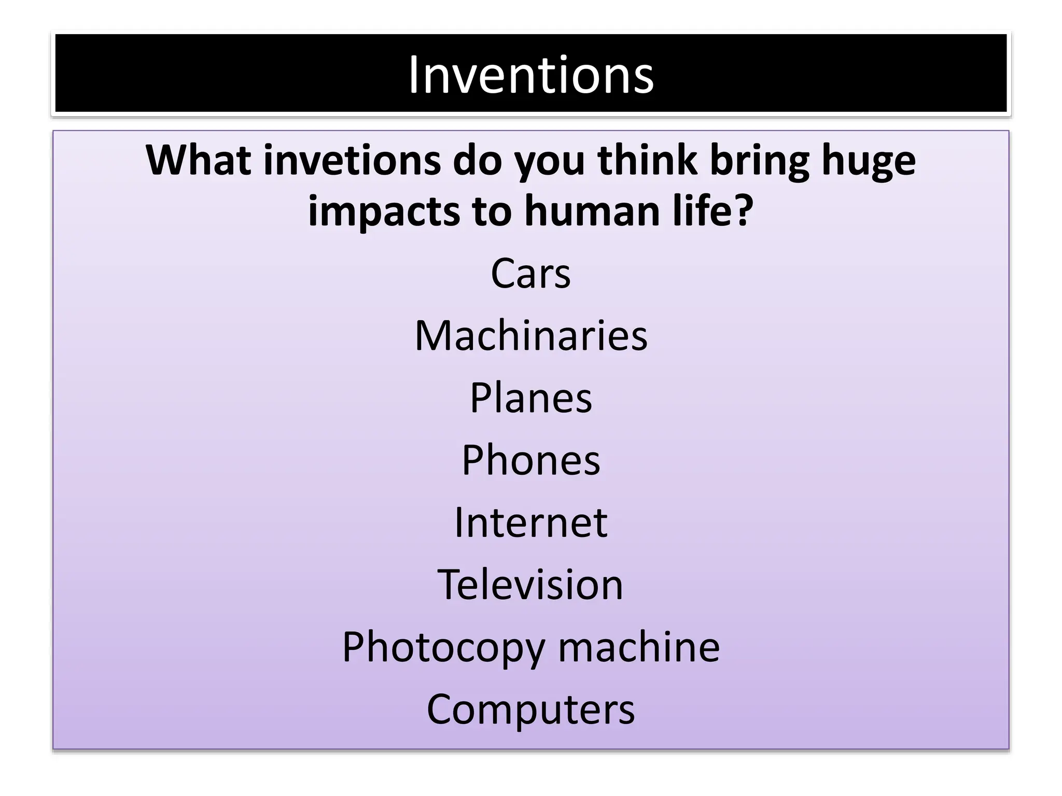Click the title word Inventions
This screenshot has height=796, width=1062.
pos(530,75)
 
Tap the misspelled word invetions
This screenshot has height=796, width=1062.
pos(352,160)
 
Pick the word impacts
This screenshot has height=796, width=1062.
pos(384,212)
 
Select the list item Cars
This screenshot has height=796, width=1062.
pos(530,273)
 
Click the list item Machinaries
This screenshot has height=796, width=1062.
pos(530,335)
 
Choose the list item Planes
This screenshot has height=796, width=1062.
pos(530,397)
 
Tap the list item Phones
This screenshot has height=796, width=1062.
pos(530,460)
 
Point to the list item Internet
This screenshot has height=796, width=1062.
pos(530,522)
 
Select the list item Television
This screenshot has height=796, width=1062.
pos(530,584)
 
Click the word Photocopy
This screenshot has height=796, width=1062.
pos(443,648)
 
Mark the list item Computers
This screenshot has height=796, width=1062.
pos(530,709)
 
